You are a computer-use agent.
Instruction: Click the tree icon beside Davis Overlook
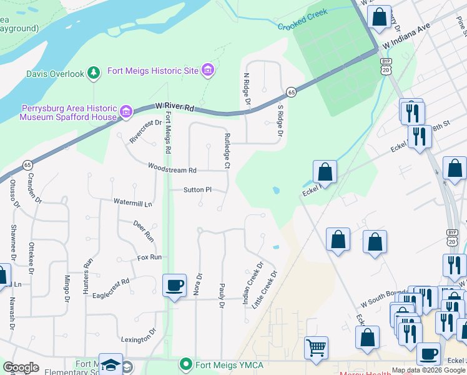tap(94, 74)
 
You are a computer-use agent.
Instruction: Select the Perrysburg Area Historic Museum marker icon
tap(126, 112)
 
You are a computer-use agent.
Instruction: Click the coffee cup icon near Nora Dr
tap(174, 286)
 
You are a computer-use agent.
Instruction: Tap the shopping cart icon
tap(316, 347)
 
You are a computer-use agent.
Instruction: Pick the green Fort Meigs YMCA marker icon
tap(185, 364)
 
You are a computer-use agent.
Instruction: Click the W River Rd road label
tap(175, 108)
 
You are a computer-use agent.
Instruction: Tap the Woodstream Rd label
tap(172, 168)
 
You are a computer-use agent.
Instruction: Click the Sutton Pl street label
tap(198, 189)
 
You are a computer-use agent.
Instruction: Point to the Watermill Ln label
tap(132, 203)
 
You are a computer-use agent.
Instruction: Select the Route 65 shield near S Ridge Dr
tap(291, 92)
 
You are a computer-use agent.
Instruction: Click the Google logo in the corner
tap(21, 367)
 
